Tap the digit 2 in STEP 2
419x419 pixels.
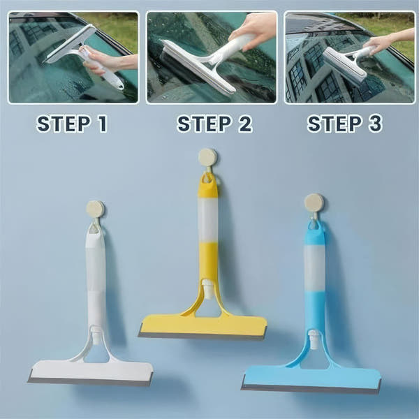click(246, 124)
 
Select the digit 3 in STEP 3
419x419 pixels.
click(375, 124)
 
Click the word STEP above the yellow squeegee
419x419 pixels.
click(205, 124)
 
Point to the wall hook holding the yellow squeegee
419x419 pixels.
click(207, 158)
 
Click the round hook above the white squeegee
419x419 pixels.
click(96, 209)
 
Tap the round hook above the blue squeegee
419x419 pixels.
click(314, 203)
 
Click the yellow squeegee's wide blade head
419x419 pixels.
click(203, 328)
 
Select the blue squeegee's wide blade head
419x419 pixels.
click(311, 379)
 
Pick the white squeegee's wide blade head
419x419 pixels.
click(91, 373)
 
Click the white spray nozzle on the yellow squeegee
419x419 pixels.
click(207, 289)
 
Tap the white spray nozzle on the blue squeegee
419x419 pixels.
click(314, 339)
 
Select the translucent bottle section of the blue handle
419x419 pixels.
click(314, 268)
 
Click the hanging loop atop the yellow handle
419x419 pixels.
click(208, 179)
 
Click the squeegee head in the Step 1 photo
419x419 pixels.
click(70, 43)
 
